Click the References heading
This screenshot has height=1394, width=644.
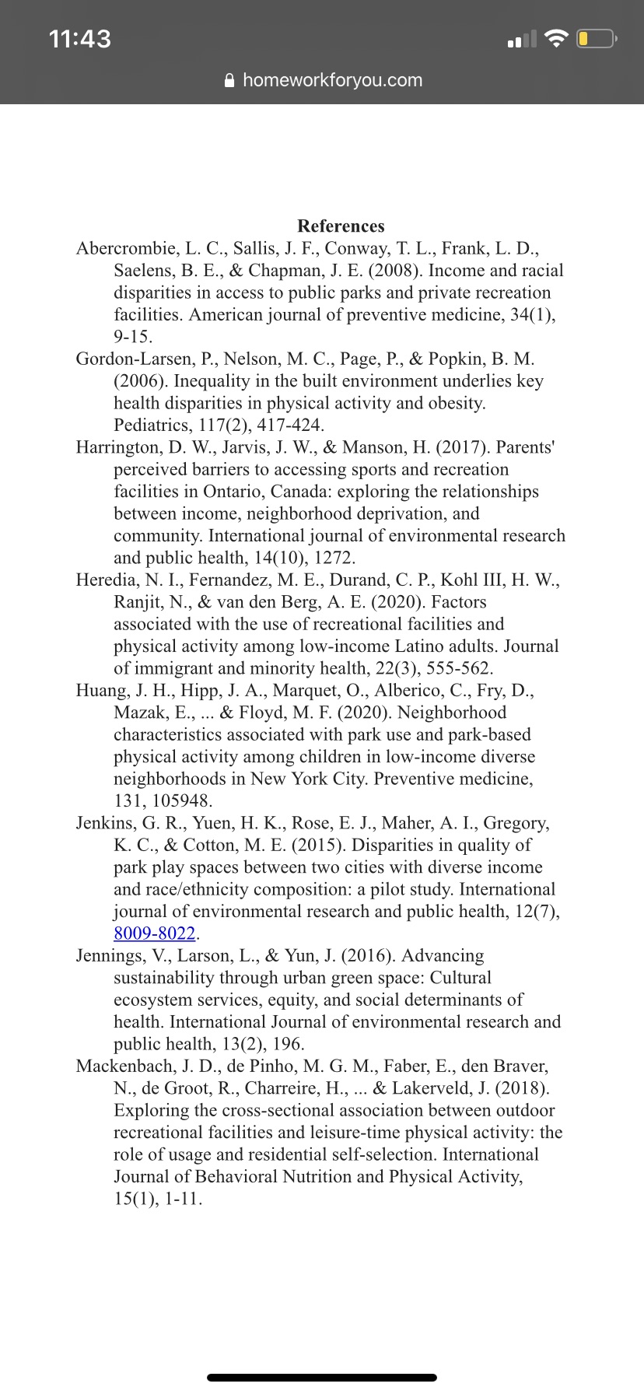point(341,226)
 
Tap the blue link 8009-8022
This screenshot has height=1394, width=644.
point(154,933)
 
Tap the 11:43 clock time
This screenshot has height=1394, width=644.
point(79,39)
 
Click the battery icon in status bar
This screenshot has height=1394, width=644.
point(597,38)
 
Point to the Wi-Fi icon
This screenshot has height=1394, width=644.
point(556,38)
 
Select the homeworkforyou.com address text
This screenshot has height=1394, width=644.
point(332,80)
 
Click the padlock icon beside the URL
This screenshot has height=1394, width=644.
point(229,81)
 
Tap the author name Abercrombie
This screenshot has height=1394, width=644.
point(126,249)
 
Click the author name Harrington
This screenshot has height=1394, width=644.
point(117,447)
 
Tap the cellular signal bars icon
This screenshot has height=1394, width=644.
point(522,39)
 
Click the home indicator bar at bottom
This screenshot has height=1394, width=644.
point(322,1377)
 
